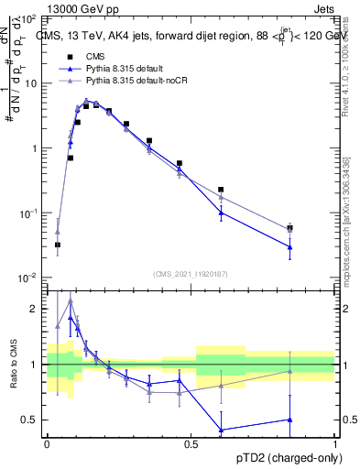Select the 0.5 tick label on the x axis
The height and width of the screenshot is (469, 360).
(x=191, y=442)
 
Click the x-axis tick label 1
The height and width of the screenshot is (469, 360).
(x=335, y=442)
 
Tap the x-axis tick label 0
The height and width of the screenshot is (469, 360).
(x=47, y=442)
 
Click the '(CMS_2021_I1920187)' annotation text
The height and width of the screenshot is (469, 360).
(x=191, y=272)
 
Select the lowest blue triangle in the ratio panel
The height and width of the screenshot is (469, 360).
(x=221, y=430)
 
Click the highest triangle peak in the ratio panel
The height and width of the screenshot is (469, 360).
(x=71, y=300)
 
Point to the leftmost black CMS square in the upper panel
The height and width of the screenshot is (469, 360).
(x=58, y=245)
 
